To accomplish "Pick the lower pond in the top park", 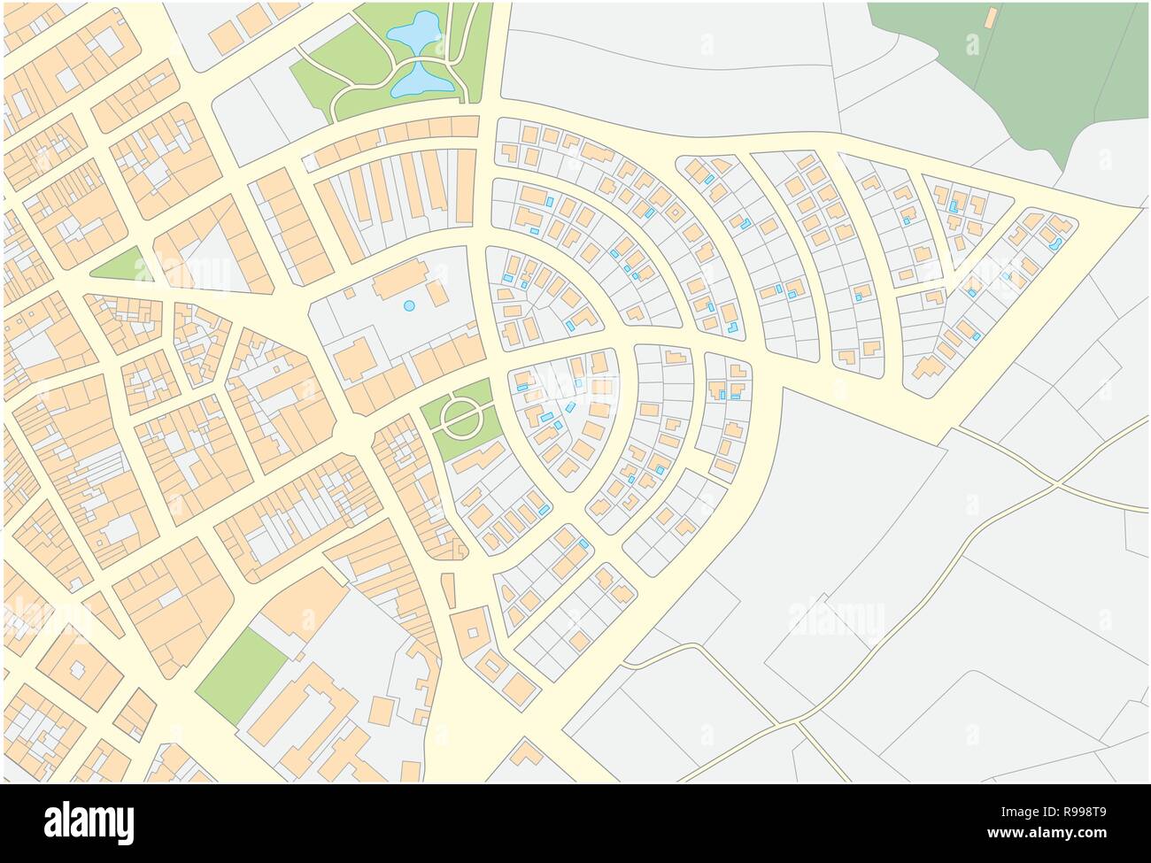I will (421, 81).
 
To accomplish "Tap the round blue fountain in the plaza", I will (408, 305).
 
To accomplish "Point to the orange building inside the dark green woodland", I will (990, 17).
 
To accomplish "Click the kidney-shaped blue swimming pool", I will (1054, 242).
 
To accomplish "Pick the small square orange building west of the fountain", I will (350, 291).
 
